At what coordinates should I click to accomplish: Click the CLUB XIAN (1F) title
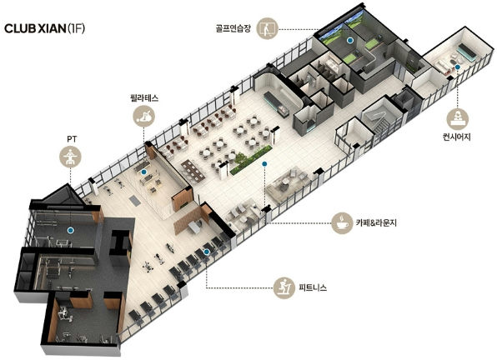click(x=45, y=28)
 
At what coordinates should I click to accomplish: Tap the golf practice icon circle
click(x=267, y=28)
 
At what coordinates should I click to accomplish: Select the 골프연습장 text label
click(x=233, y=28)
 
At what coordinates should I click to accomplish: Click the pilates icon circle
click(x=144, y=116)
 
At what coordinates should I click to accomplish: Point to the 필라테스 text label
click(x=144, y=97)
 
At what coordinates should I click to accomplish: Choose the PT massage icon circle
click(x=70, y=157)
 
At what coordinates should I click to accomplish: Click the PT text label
click(x=72, y=139)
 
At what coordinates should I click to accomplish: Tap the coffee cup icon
click(x=342, y=222)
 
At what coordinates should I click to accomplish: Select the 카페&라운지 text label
click(x=376, y=222)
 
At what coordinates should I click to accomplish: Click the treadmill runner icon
click(x=284, y=287)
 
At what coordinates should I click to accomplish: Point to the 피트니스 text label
click(x=313, y=287)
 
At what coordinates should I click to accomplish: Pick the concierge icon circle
click(x=457, y=118)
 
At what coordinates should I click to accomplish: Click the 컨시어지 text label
click(x=457, y=137)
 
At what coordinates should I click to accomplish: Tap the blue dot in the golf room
click(x=349, y=40)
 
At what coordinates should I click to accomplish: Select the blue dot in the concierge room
click(x=457, y=67)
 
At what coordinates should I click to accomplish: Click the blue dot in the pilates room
click(x=144, y=172)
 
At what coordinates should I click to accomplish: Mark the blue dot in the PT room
click(x=70, y=230)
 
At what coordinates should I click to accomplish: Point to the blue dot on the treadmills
click(x=206, y=252)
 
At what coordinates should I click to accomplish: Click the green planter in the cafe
click(x=251, y=160)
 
